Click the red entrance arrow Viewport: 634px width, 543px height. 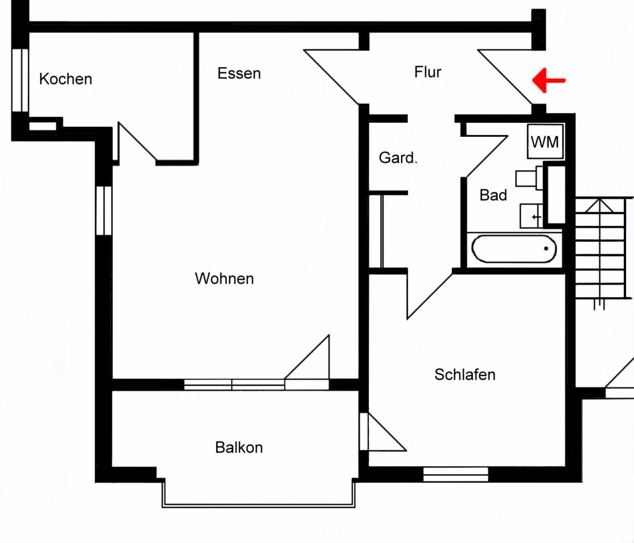[549, 80]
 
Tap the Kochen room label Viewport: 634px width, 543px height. [66, 79]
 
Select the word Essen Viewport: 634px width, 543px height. [239, 74]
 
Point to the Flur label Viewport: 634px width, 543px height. [428, 72]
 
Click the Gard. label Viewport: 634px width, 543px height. [398, 158]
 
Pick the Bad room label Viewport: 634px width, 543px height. [493, 195]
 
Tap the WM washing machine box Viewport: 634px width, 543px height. [545, 141]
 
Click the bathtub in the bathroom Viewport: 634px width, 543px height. [514, 249]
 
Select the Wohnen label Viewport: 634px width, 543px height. [224, 278]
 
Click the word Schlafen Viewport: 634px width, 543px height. [465, 375]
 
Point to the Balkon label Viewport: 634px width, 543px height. [239, 447]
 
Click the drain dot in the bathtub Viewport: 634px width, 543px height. [546, 249]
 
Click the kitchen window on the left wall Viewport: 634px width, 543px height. [20, 80]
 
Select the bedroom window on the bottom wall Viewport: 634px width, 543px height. [456, 474]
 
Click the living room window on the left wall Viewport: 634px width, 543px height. [104, 211]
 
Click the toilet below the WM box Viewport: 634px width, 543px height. [529, 178]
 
